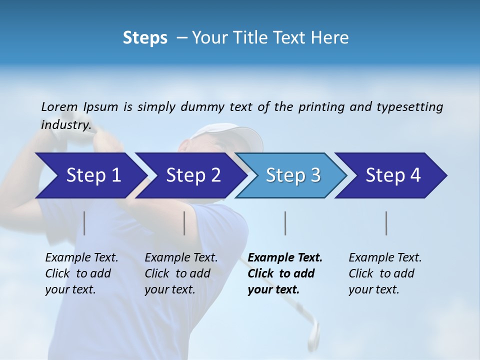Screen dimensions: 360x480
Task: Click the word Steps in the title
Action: [x=145, y=38]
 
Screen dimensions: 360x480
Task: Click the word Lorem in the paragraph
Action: [x=59, y=106]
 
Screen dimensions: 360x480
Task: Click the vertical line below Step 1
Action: [x=84, y=223]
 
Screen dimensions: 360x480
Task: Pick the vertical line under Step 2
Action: [x=184, y=223]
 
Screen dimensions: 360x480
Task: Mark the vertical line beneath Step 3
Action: [x=285, y=223]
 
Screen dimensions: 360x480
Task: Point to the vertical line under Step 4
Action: [x=386, y=223]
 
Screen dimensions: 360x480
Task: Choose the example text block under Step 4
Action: [x=385, y=273]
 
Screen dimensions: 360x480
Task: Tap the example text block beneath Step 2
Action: [x=181, y=273]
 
